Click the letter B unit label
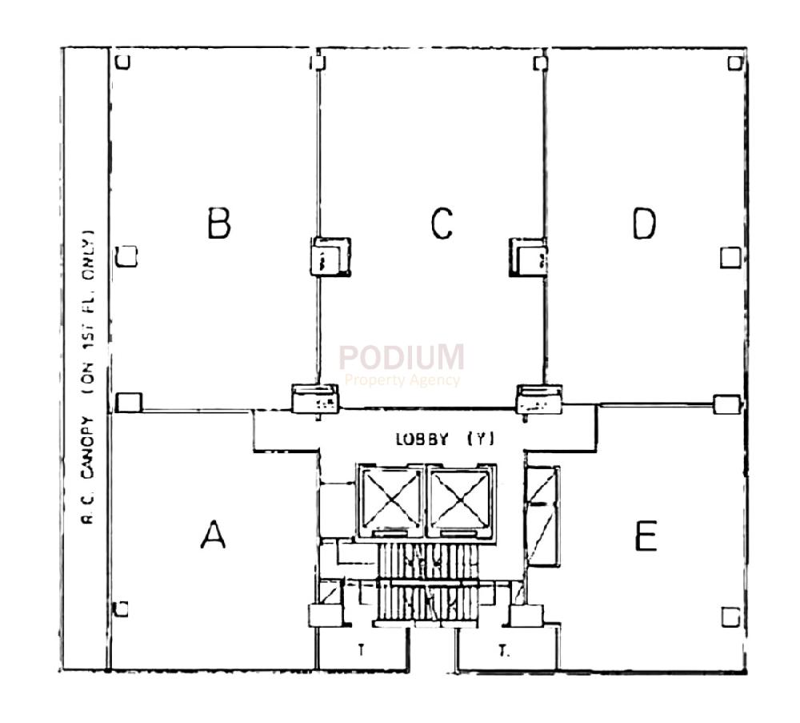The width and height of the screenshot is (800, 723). coord(218,223)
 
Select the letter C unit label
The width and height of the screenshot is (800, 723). coord(442,223)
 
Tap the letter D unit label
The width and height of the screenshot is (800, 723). coord(644,223)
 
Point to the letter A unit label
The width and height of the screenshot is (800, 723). coord(212,534)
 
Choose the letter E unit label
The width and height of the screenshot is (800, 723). coord(646,536)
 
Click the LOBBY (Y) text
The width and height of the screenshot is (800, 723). coord(446,439)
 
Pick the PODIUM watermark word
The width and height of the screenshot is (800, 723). coord(401,357)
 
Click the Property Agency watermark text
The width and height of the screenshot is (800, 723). coord(402,380)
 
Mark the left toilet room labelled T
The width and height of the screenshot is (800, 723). coord(360,650)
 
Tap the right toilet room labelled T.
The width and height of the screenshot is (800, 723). coord(503,651)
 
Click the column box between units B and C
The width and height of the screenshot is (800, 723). coord(331,256)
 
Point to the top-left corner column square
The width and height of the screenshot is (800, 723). coord(122,62)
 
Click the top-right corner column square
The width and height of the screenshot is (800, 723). coord(735,62)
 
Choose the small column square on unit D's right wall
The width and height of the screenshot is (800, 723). coord(730,257)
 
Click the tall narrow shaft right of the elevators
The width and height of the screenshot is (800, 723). coord(542,516)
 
